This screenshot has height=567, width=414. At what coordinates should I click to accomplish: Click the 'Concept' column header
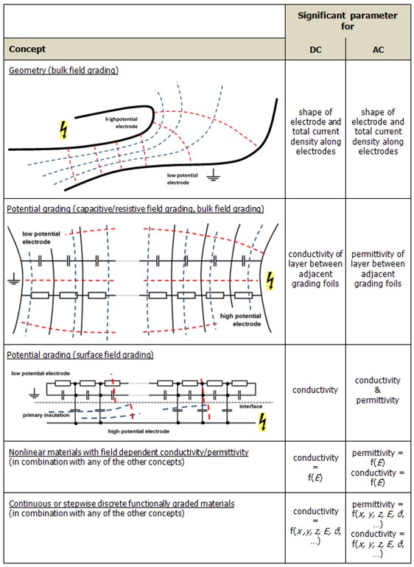pos(27,49)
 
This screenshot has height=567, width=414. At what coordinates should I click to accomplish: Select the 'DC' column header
pos(315,50)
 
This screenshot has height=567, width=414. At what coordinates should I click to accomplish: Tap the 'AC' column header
pos(378,50)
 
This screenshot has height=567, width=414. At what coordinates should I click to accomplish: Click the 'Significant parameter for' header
pos(348,21)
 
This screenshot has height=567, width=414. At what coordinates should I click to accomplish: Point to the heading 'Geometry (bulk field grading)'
pos(63,70)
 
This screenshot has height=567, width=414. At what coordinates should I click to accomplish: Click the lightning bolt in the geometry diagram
pos(63,130)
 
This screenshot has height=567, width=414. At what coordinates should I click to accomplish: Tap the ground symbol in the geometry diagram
pos(214,177)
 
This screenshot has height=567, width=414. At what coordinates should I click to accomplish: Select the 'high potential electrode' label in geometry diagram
pos(122,123)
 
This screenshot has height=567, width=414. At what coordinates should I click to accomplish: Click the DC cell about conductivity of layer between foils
pos(315,269)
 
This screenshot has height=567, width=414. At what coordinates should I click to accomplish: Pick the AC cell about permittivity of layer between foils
pos(378,269)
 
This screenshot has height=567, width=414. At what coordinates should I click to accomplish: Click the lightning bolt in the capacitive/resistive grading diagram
pos(270,281)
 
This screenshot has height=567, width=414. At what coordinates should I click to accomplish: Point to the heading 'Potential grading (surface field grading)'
pos(80,355)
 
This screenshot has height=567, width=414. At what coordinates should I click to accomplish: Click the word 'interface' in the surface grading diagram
pos(250,406)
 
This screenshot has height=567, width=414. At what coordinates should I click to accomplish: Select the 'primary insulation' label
pos(46,415)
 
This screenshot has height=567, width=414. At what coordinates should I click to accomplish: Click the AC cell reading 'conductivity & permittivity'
pos(377,390)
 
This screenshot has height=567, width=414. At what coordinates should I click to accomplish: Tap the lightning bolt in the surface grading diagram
pos(263,423)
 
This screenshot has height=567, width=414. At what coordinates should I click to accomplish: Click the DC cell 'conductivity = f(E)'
pos(315,468)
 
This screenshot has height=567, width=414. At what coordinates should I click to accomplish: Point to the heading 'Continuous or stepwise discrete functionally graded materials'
pos(122,504)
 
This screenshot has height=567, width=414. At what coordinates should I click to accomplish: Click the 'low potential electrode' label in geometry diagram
pos(183,179)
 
